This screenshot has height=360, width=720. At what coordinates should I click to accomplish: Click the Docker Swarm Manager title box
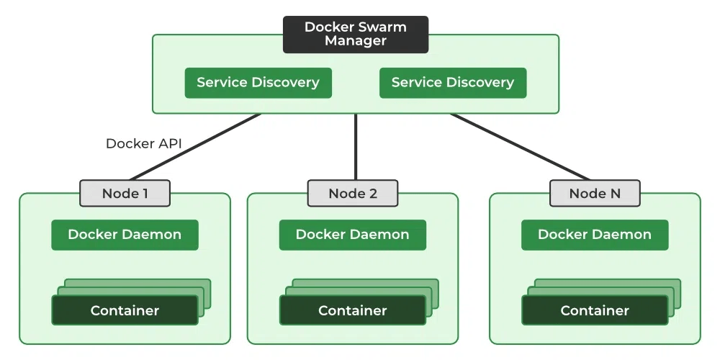coord(355,35)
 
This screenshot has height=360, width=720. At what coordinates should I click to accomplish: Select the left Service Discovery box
coord(258,83)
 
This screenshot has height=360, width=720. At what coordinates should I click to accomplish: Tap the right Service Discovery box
coord(452,83)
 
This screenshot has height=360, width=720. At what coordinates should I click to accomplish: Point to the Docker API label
coord(143,143)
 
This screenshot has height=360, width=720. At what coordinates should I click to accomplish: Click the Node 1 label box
coord(125,193)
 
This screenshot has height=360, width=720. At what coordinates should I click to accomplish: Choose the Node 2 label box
coord(352,193)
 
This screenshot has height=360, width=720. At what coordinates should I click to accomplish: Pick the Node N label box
coord(594,193)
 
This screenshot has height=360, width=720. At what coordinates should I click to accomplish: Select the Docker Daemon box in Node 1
coord(125,235)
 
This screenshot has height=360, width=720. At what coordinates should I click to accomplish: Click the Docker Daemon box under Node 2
coord(352,235)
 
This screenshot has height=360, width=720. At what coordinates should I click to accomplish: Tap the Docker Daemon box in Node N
coord(594,235)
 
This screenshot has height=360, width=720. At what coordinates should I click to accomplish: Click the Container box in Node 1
coord(125,310)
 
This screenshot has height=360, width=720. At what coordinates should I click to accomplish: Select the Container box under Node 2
coord(352,310)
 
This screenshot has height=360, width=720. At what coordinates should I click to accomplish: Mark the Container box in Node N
coord(594,310)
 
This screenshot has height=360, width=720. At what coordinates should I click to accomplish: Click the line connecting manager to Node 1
coord(194,147)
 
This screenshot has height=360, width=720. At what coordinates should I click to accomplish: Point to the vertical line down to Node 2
coord(356,147)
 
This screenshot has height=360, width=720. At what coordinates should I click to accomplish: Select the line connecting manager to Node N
coord(520,147)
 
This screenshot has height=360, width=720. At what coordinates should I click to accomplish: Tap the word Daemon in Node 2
coord(381,235)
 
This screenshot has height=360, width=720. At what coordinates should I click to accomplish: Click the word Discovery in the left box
coord(285,83)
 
